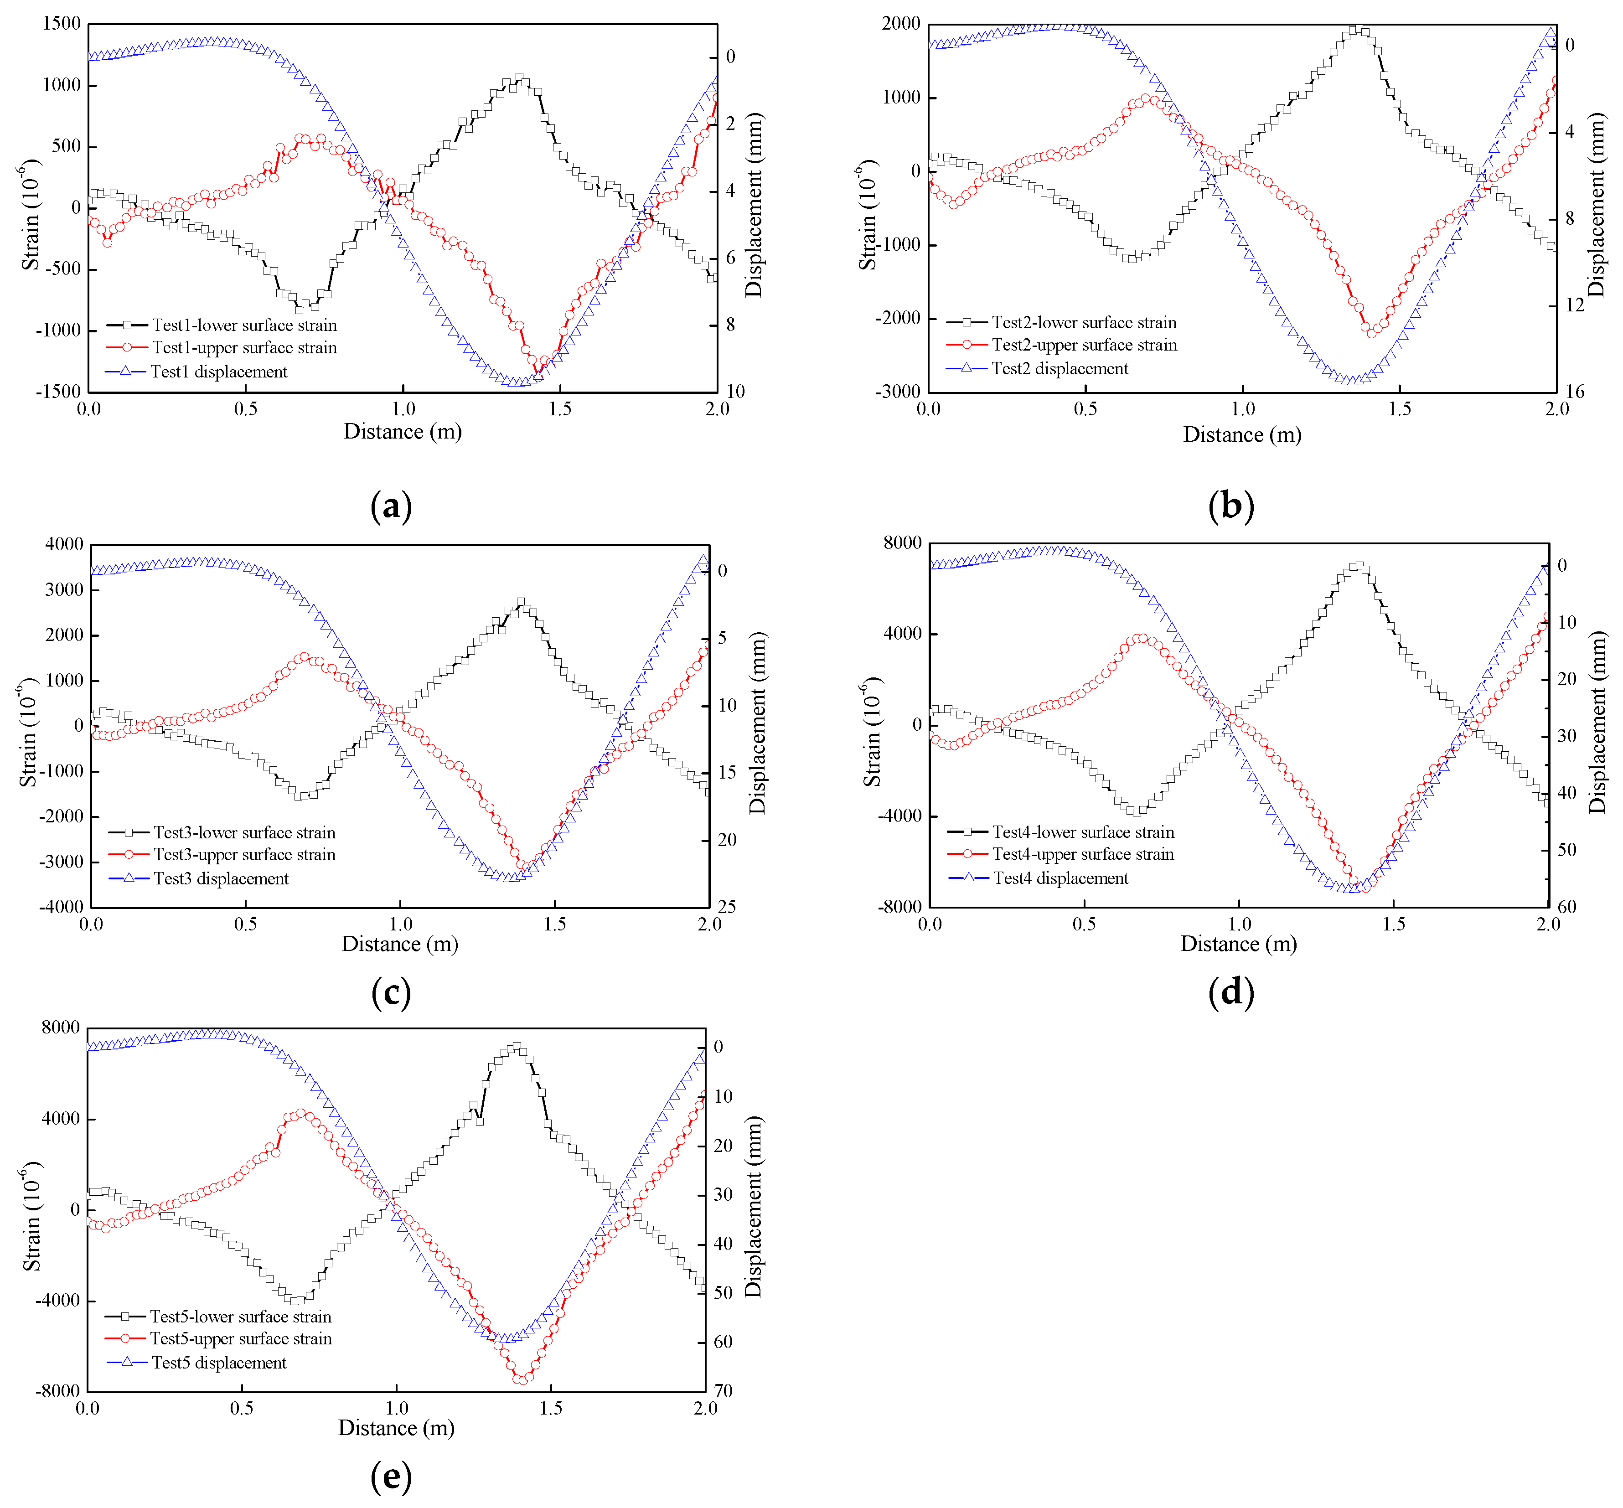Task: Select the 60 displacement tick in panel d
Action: click(1567, 907)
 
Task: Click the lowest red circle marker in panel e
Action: click(523, 1379)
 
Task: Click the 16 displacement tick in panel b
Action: click(1574, 392)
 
